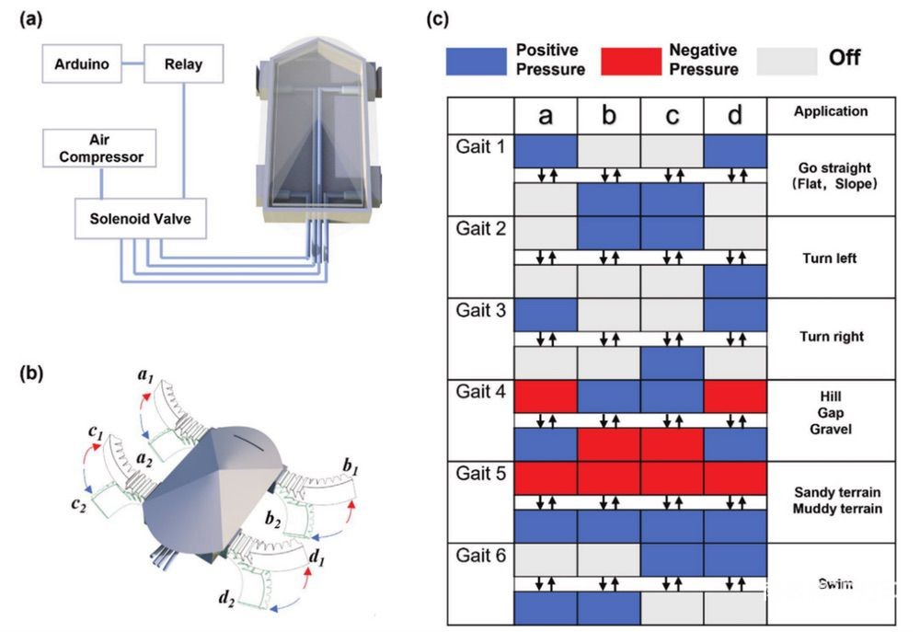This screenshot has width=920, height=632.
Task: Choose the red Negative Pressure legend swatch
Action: click(x=630, y=61)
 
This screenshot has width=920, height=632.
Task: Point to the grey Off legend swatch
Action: click(x=787, y=61)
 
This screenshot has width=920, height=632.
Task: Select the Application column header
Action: click(x=830, y=112)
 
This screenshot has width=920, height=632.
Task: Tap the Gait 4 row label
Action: click(x=479, y=392)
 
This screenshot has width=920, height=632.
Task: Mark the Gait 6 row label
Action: click(x=479, y=556)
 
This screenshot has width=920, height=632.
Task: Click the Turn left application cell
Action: click(x=830, y=259)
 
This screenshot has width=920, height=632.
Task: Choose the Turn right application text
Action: click(x=830, y=337)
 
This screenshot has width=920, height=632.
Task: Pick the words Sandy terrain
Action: click(x=830, y=492)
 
